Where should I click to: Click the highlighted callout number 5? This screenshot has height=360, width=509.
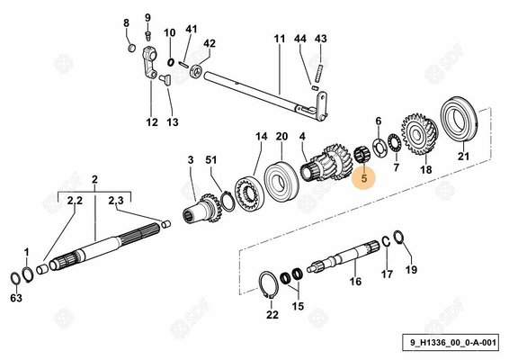363,178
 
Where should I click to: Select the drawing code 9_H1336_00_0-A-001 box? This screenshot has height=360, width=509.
451,342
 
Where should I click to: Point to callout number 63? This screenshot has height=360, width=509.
16,297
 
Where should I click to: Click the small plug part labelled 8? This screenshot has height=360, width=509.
131,47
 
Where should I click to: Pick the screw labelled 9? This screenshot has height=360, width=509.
148,34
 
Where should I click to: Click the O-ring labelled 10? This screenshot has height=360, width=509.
171,62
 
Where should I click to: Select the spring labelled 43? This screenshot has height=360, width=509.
319,73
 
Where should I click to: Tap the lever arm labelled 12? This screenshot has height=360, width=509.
149,64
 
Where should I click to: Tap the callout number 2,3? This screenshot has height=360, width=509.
116,201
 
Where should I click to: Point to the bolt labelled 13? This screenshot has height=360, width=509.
165,79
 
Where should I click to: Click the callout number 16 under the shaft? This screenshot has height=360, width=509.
355,281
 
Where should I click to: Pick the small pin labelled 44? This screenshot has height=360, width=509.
314,87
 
